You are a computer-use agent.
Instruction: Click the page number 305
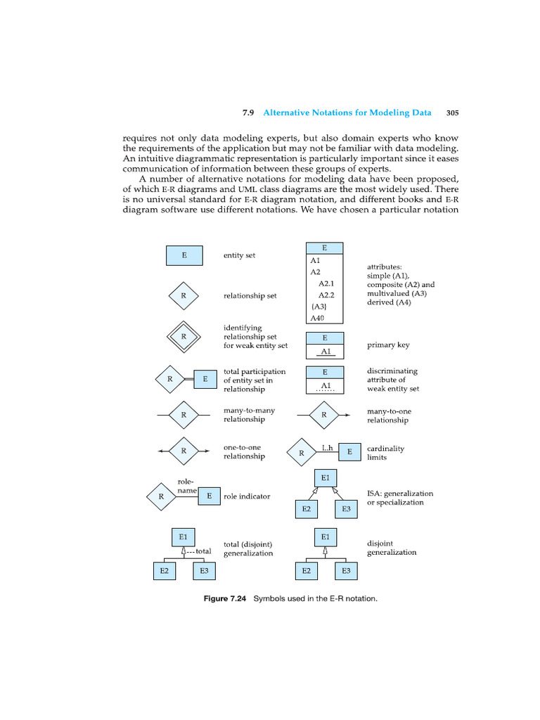coord(452,112)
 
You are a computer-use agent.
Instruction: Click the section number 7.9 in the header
coord(247,112)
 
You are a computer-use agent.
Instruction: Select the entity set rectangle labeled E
coord(184,255)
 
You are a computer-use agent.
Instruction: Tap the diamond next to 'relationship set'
coord(184,296)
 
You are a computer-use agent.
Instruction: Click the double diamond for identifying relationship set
coord(184,336)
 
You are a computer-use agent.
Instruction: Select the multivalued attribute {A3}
coord(317,307)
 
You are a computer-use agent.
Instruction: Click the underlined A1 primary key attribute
coord(325,352)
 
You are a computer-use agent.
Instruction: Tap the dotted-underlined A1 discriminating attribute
coord(325,386)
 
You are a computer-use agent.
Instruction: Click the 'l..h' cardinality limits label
coord(328,448)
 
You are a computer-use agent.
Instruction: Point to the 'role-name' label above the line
coord(186,485)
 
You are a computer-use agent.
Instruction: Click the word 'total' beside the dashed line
coord(203,551)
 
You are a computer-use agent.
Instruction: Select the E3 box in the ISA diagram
coord(346,508)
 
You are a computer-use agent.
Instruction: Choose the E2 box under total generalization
coord(164,571)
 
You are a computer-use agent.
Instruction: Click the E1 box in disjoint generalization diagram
coord(325,537)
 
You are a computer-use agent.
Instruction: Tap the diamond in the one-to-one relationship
coord(184,451)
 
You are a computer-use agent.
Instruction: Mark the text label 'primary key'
coord(388,345)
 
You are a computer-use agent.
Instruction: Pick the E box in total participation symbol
coord(205,380)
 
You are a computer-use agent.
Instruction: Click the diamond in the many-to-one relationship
coord(324,415)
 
